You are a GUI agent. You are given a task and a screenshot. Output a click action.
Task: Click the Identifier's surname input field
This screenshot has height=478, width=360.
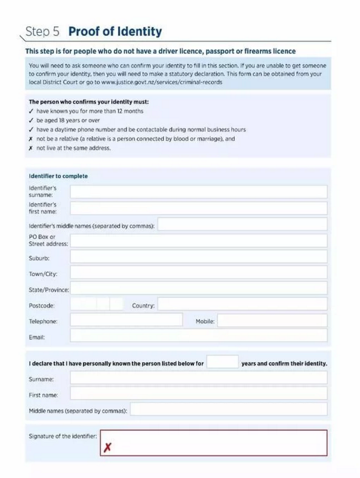coord(198,192)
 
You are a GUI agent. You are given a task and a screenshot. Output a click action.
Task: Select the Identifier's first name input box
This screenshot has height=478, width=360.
coord(198,208)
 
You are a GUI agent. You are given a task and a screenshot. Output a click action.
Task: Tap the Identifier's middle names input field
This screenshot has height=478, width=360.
coord(242,225)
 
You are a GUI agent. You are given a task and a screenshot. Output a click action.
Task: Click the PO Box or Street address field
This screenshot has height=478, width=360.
coord(198,241)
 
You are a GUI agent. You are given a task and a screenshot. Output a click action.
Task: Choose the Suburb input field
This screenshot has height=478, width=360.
coord(198,257)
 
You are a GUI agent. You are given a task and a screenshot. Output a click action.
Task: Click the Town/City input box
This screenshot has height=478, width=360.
coord(198,272)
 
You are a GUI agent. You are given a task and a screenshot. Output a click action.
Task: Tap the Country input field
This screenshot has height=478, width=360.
coord(242,305)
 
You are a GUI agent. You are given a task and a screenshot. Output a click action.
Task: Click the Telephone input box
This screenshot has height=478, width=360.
coord(126,320)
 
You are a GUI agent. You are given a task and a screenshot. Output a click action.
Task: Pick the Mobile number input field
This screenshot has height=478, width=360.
coord(272,321)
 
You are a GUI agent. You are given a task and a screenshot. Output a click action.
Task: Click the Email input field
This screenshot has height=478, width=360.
coord(198,336)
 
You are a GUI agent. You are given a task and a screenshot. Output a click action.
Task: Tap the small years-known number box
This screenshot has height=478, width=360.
coord(223,362)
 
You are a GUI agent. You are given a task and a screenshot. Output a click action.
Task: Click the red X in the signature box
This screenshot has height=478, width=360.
coord(107,447)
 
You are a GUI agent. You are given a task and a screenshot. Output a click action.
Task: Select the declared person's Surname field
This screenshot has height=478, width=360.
coord(198,378)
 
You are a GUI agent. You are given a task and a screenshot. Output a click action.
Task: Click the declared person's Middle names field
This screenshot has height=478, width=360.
coord(229,410)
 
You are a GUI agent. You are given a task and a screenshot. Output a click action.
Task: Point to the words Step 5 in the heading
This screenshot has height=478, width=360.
coord(43,32)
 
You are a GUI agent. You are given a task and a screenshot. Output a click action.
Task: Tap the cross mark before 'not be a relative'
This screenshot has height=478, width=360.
coord(31,139)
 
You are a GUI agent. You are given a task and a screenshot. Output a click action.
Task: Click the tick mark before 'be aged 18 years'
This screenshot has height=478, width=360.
coord(31,120)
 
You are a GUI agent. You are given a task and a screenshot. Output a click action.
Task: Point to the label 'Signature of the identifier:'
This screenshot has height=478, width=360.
coord(63,437)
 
